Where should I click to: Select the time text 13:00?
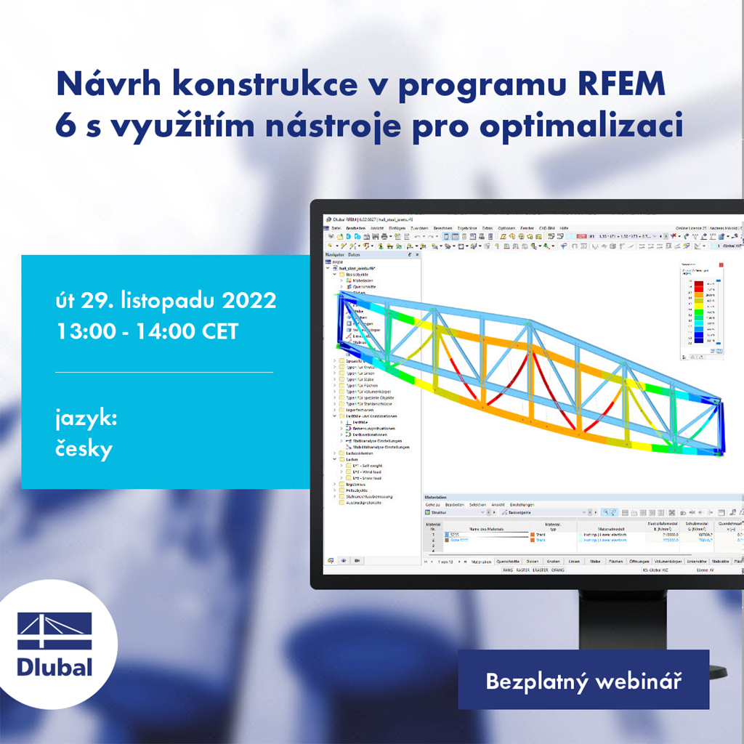[86, 331]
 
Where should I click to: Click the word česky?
[84, 449]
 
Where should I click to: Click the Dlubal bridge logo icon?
[54, 631]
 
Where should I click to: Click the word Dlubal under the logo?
[54, 666]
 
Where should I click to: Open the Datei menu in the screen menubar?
[336, 228]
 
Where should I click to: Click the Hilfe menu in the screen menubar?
[564, 228]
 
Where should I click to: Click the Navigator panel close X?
[417, 255]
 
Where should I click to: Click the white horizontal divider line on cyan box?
[164, 372]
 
